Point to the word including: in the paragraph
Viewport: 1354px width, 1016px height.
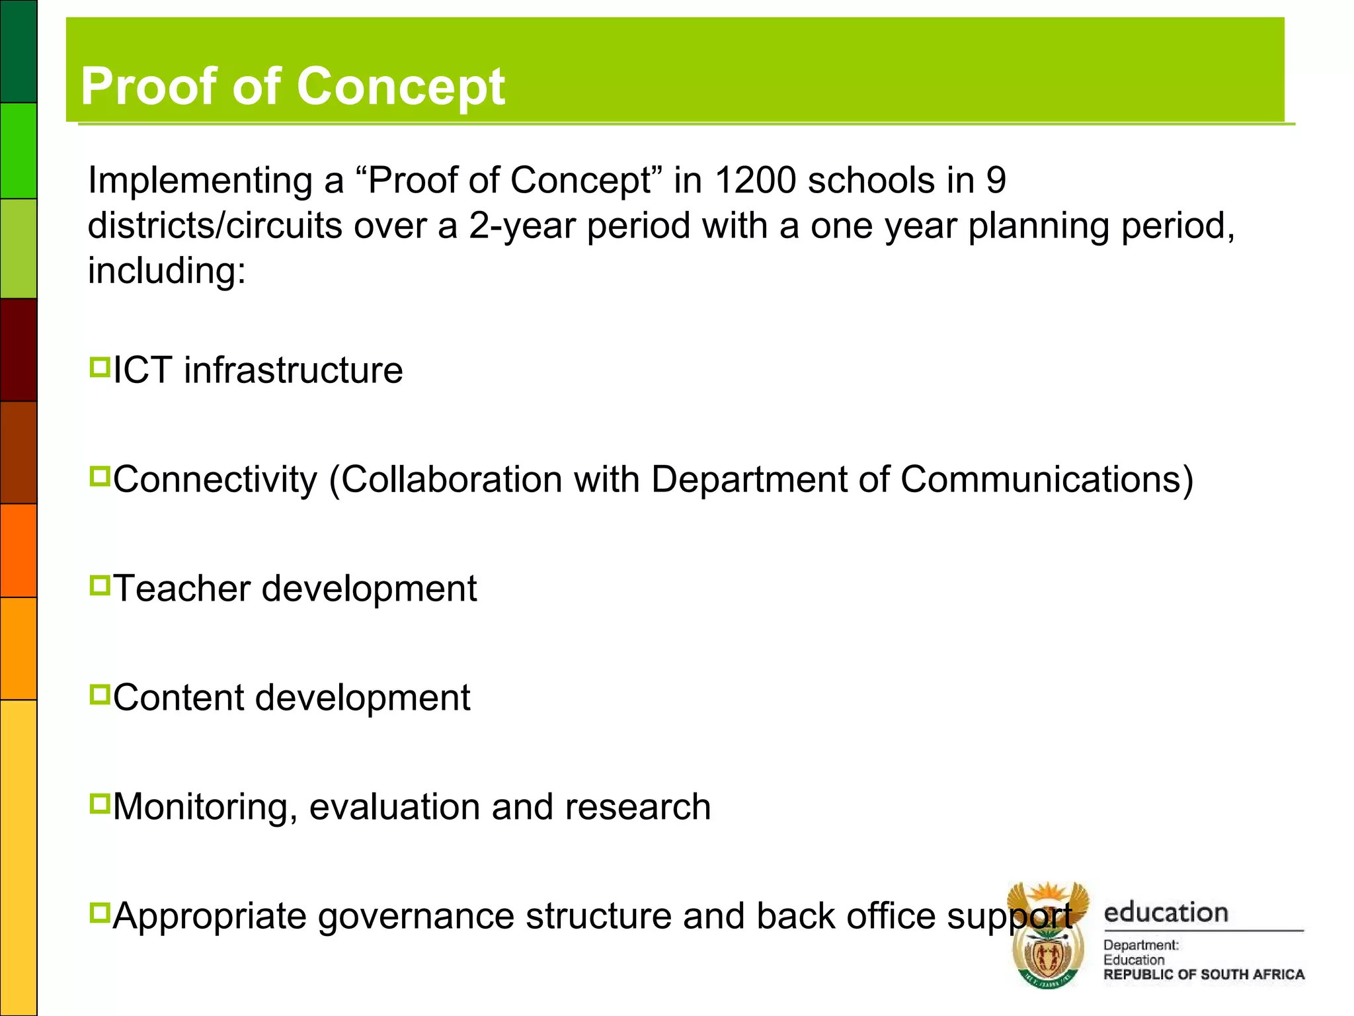pyautogui.click(x=167, y=271)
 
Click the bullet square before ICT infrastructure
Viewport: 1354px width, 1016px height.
pyautogui.click(x=99, y=367)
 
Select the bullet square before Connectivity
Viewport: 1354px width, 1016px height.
pyautogui.click(x=99, y=476)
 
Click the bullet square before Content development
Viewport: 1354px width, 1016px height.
pyautogui.click(x=99, y=695)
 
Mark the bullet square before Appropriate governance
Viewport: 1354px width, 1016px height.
pyautogui.click(x=99, y=913)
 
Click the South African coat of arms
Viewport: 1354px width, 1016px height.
pyautogui.click(x=1047, y=936)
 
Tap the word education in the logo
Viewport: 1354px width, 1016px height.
pyautogui.click(x=1166, y=913)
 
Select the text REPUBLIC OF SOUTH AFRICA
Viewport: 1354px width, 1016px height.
pyautogui.click(x=1203, y=974)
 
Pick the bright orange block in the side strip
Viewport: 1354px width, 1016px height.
pyautogui.click(x=19, y=550)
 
